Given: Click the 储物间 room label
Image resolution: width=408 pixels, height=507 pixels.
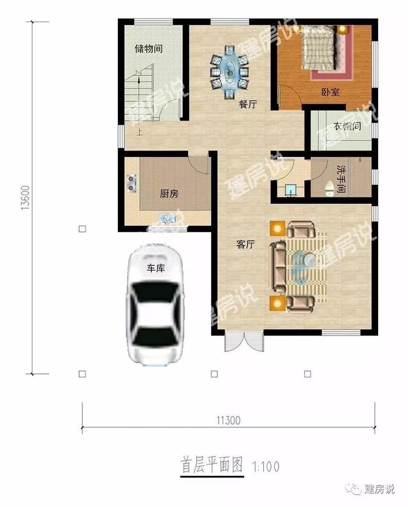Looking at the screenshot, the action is pyautogui.click(x=149, y=49).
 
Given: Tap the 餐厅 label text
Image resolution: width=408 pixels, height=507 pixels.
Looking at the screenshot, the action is pyautogui.click(x=248, y=105).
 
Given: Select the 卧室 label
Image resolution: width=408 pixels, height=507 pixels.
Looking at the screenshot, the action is pyautogui.click(x=330, y=92).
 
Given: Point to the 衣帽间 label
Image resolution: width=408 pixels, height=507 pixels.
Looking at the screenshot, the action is pyautogui.click(x=347, y=126).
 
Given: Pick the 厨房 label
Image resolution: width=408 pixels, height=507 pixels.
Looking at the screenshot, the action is pyautogui.click(x=169, y=194).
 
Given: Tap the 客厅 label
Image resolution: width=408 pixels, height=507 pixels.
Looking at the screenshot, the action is pyautogui.click(x=245, y=244).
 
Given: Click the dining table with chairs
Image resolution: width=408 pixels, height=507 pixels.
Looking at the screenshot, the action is pyautogui.click(x=229, y=72).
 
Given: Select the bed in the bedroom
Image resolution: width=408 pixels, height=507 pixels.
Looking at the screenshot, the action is pyautogui.click(x=320, y=48).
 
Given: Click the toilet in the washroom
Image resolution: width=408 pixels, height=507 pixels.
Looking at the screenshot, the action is pyautogui.click(x=330, y=189).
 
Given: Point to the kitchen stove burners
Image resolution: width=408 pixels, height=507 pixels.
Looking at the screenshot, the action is pyautogui.click(x=131, y=183).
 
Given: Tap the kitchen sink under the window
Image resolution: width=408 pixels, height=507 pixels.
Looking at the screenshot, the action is pyautogui.click(x=168, y=219).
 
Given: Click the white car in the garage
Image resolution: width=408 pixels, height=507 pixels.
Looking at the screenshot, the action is pyautogui.click(x=155, y=305).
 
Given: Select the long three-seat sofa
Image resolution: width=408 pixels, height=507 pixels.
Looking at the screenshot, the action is pyautogui.click(x=278, y=267).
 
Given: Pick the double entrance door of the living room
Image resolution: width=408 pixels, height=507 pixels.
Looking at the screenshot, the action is pyautogui.click(x=244, y=341).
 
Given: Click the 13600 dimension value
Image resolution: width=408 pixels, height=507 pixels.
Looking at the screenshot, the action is pyautogui.click(x=25, y=198).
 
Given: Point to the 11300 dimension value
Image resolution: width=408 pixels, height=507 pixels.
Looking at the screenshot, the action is pyautogui.click(x=228, y=420).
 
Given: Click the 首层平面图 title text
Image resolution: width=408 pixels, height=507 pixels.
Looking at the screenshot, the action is pyautogui.click(x=212, y=465).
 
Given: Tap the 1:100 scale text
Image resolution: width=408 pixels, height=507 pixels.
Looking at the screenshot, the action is pyautogui.click(x=266, y=467).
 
